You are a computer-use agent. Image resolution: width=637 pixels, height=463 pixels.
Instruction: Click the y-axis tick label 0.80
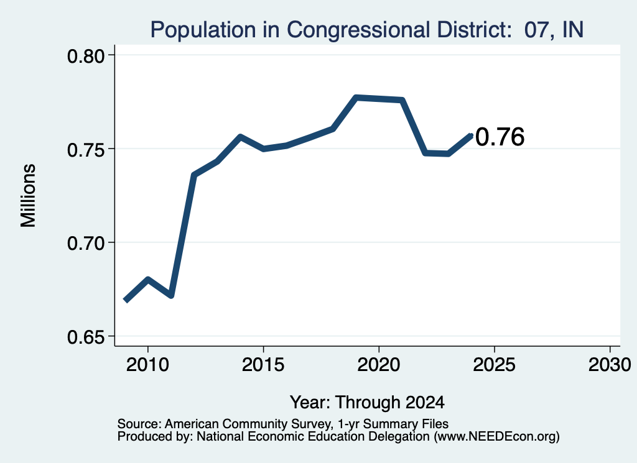(x=85, y=57)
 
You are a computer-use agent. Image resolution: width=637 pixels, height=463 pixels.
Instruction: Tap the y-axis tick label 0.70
(x=85, y=244)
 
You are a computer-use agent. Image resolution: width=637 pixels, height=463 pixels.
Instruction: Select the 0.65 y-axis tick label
(x=85, y=337)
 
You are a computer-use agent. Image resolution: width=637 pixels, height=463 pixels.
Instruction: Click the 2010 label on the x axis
(x=147, y=365)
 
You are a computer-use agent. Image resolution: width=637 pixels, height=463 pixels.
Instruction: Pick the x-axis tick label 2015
(x=263, y=365)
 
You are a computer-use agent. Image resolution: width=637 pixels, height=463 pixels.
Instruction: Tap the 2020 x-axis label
(x=379, y=365)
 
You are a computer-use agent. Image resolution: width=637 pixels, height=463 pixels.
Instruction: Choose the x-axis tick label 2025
(x=494, y=365)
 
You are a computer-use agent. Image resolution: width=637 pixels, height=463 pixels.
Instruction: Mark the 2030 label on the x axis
(x=610, y=365)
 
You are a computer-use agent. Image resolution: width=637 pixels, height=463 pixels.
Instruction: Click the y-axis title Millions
(x=28, y=196)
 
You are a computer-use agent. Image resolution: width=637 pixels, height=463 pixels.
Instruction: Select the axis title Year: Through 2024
(x=367, y=403)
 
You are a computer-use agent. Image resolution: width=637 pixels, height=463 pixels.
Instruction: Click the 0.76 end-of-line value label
(x=500, y=137)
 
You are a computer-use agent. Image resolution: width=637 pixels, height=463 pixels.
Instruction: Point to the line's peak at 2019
(x=356, y=98)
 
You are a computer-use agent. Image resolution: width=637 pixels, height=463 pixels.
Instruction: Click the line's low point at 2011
(x=171, y=295)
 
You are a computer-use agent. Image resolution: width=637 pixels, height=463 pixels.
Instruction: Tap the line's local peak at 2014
(x=240, y=137)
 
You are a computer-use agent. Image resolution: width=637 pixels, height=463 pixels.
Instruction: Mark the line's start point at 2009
(x=126, y=300)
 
